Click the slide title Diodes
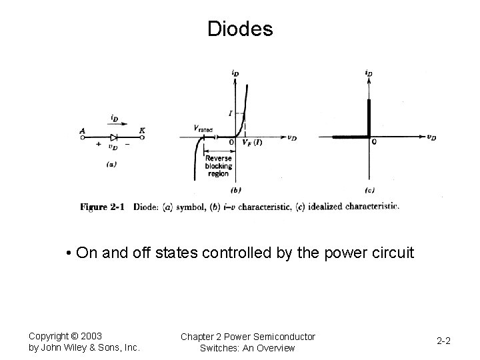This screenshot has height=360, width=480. click(x=240, y=29)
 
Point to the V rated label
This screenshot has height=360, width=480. click(x=203, y=129)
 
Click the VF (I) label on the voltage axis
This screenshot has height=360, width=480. click(x=251, y=143)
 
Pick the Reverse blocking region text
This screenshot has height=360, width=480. click(x=218, y=166)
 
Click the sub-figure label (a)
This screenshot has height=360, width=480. click(x=112, y=163)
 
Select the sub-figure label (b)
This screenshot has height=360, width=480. click(x=235, y=190)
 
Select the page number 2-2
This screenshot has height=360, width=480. click(x=444, y=341)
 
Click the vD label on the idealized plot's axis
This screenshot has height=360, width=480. click(x=431, y=137)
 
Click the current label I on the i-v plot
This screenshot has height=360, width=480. click(x=230, y=114)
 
